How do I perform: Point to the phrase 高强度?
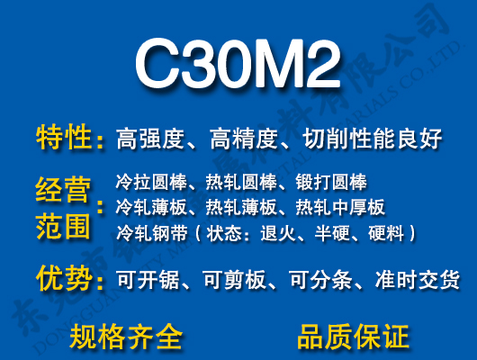click(150, 139)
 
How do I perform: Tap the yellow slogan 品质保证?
click(353, 336)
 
